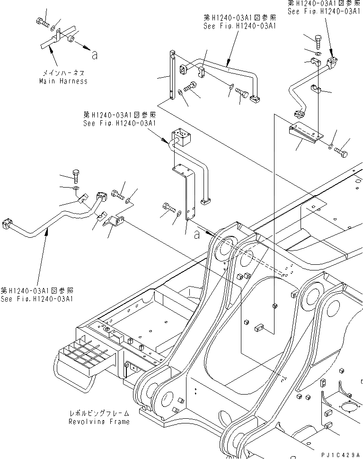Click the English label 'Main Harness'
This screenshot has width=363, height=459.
(x=63, y=81)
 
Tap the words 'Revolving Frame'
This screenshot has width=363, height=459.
(x=98, y=421)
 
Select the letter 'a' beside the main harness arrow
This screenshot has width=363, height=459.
(x=95, y=55)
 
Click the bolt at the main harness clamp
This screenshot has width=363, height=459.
(x=40, y=21)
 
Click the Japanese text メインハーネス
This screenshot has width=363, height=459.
(x=63, y=73)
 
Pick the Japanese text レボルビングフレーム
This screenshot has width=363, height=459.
(x=98, y=414)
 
